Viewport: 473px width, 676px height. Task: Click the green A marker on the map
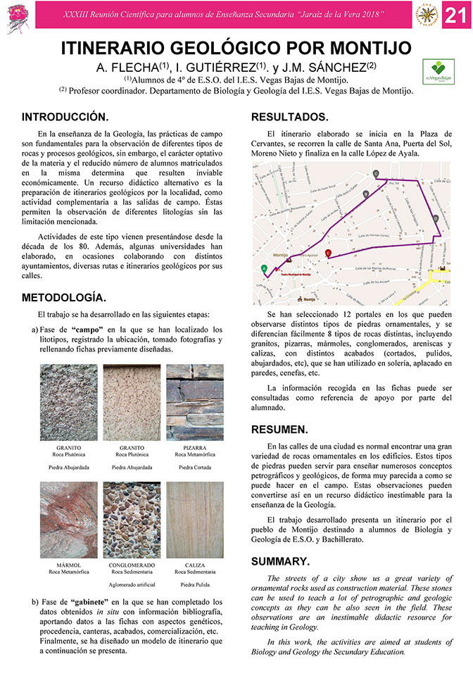click(264, 268)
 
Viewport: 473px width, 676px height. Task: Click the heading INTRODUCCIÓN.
click(65, 116)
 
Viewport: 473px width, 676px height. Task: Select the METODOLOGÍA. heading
click(64, 296)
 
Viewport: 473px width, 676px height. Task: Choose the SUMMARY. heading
click(280, 561)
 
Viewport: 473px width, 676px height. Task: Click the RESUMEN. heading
click(279, 429)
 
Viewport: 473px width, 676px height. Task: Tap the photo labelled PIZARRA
click(194, 402)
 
